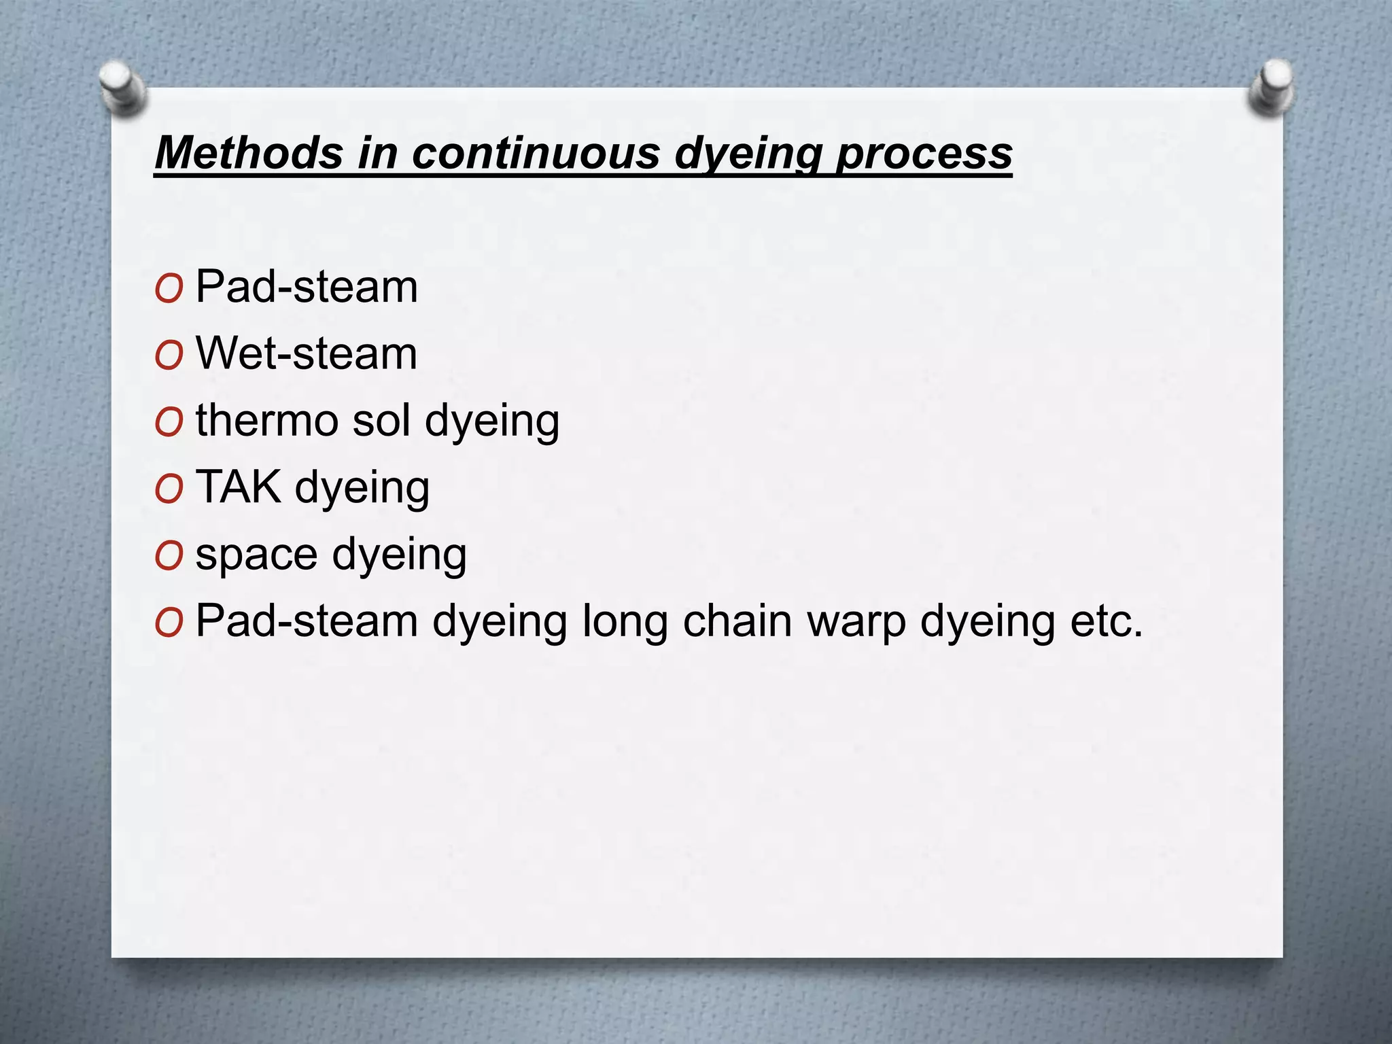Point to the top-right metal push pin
click(x=1272, y=87)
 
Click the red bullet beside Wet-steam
click(x=169, y=355)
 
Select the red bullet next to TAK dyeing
click(x=169, y=489)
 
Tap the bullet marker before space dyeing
click(x=169, y=556)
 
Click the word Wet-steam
click(x=307, y=353)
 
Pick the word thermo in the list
click(x=266, y=420)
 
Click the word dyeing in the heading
click(x=748, y=154)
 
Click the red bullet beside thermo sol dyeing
click(x=169, y=423)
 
